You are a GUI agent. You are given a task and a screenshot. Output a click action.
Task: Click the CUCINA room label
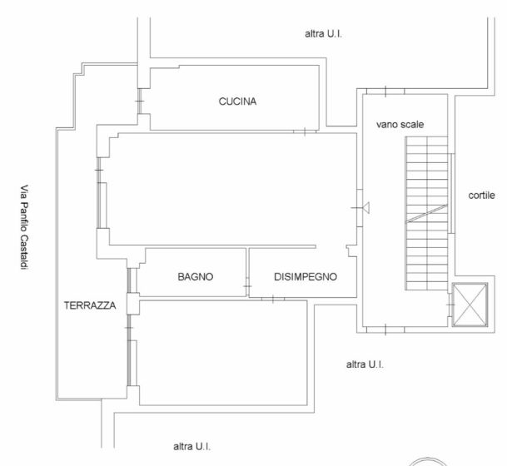point(237,102)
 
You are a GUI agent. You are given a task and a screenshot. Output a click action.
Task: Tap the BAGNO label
point(196,276)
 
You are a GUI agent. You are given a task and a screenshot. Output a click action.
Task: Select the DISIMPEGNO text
point(306,276)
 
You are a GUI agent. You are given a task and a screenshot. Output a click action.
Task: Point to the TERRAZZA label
point(90,305)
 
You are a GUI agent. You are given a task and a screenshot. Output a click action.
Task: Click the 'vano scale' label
point(400,125)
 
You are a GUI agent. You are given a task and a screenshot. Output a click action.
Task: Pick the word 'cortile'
point(481,196)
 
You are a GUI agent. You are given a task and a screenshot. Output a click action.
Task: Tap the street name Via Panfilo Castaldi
point(25,227)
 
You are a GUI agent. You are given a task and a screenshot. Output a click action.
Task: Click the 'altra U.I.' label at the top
point(323,33)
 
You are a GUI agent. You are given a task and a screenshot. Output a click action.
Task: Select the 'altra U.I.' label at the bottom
point(191,447)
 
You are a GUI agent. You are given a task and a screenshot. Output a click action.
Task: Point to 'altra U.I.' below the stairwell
point(365,364)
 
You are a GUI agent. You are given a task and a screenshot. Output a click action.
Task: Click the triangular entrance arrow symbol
point(366,207)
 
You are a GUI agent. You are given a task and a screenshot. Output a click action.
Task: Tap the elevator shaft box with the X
point(470,305)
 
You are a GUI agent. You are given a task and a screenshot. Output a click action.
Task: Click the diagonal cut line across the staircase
point(427,214)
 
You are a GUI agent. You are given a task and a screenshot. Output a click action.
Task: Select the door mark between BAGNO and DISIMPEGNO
point(247,286)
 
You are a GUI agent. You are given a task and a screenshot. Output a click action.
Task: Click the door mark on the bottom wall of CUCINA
point(305,131)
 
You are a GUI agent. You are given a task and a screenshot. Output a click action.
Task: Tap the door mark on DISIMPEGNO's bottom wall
point(273,299)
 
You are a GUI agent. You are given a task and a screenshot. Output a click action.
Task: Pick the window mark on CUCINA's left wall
point(139,102)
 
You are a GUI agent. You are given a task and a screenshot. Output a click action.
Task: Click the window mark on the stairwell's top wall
point(385,92)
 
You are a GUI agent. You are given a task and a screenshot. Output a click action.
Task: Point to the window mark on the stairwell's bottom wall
point(385,330)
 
